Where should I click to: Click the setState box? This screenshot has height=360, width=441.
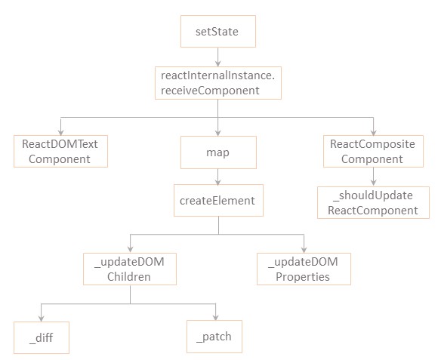[218, 31]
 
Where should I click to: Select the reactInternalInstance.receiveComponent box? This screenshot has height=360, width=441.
[218, 83]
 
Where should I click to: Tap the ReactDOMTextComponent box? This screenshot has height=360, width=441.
[60, 152]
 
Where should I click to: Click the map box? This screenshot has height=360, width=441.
[218, 152]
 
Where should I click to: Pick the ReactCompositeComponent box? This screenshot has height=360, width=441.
[373, 152]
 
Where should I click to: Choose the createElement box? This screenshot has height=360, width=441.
[218, 200]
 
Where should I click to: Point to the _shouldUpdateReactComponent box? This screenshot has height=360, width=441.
[373, 202]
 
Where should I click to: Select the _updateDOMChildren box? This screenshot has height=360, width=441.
[130, 269]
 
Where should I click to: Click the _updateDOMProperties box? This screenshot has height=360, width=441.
[304, 269]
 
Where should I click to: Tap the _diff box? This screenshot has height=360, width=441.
[42, 337]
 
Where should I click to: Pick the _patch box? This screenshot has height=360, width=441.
[214, 337]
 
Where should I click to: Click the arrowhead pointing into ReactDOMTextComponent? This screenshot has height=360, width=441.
[60, 132]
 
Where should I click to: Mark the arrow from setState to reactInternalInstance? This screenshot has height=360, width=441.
[218, 57]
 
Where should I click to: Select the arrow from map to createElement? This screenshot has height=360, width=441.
[218, 177]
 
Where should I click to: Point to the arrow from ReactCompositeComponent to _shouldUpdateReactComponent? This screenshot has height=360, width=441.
[373, 177]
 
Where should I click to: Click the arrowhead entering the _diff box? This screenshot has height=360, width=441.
[42, 318]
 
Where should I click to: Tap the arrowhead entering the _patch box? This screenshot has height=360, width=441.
[216, 317]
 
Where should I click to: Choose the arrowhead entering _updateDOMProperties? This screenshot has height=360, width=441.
[304, 250]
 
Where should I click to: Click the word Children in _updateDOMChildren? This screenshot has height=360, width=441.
[129, 277]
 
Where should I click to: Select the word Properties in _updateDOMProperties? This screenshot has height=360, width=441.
[303, 277]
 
